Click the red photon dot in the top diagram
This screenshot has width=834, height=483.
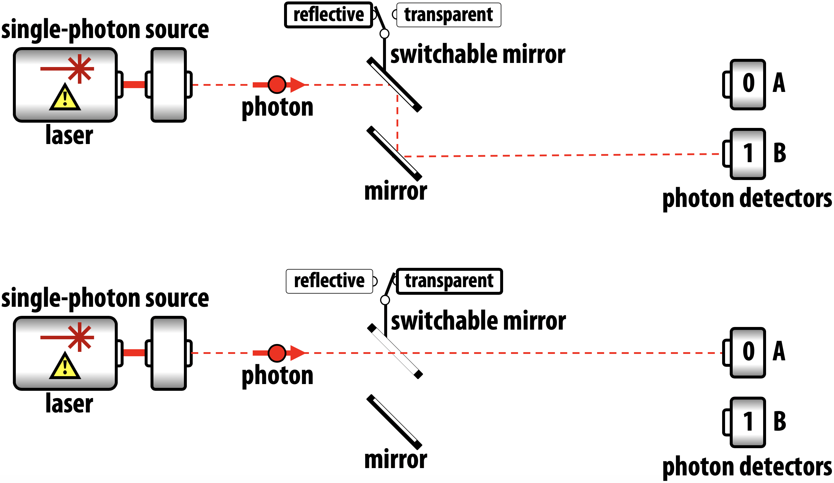(x=277, y=85)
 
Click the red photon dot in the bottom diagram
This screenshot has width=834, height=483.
(x=277, y=353)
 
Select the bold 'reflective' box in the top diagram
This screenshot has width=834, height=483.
(x=328, y=15)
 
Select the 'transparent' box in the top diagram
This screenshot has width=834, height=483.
(x=448, y=15)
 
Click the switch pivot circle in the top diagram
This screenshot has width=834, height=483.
(x=384, y=33)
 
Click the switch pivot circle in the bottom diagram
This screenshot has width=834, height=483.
(x=385, y=300)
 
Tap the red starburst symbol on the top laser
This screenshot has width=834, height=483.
(x=79, y=69)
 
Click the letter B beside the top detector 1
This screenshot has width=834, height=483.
(x=780, y=153)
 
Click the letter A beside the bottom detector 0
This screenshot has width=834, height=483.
(x=779, y=351)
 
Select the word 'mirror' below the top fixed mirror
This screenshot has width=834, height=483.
(x=396, y=191)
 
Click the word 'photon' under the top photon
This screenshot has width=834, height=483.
(x=277, y=107)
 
